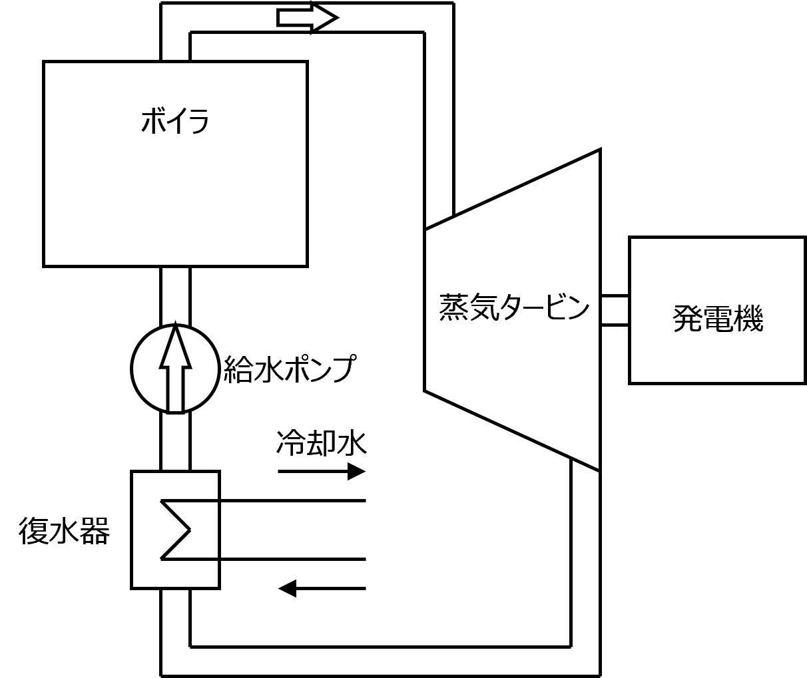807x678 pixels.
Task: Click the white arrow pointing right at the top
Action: pyautogui.click(x=303, y=17)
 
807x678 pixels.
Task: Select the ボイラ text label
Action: pyautogui.click(x=175, y=122)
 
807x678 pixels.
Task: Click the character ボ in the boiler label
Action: pyautogui.click(x=152, y=122)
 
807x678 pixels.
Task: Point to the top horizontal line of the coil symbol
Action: pyautogui.click(x=193, y=500)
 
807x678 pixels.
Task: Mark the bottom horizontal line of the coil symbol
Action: pyautogui.click(x=193, y=559)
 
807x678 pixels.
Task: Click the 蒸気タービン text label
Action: pyautogui.click(x=514, y=308)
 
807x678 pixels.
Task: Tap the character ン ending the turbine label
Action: pyautogui.click(x=577, y=308)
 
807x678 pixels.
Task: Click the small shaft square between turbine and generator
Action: pyautogui.click(x=615, y=310)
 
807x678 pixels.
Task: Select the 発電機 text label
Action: pyautogui.click(x=717, y=319)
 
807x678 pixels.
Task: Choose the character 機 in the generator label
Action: pyautogui.click(x=748, y=319)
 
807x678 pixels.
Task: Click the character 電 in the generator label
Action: pyautogui.click(x=718, y=319)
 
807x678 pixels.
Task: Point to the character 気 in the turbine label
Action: pyautogui.click(x=483, y=308)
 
